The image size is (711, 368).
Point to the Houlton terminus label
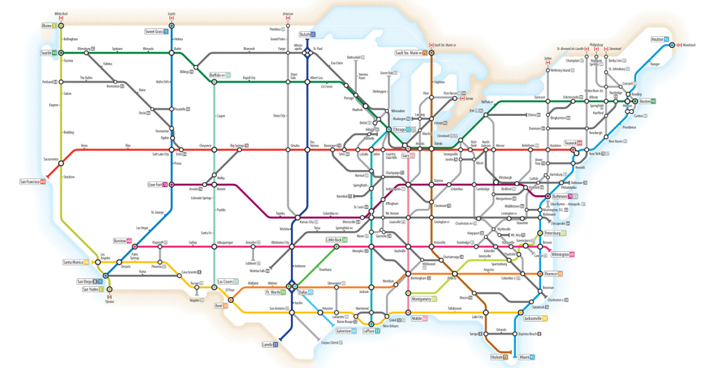[x=659, y=40]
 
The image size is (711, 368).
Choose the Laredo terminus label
[x=268, y=344]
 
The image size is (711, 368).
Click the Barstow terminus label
[x=123, y=241]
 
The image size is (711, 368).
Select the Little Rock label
[x=336, y=240]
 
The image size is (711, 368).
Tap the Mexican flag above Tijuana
[x=110, y=296]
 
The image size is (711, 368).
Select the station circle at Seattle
[x=62, y=53]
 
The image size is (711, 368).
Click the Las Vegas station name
[x=142, y=228]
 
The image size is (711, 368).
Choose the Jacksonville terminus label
[x=533, y=318]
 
